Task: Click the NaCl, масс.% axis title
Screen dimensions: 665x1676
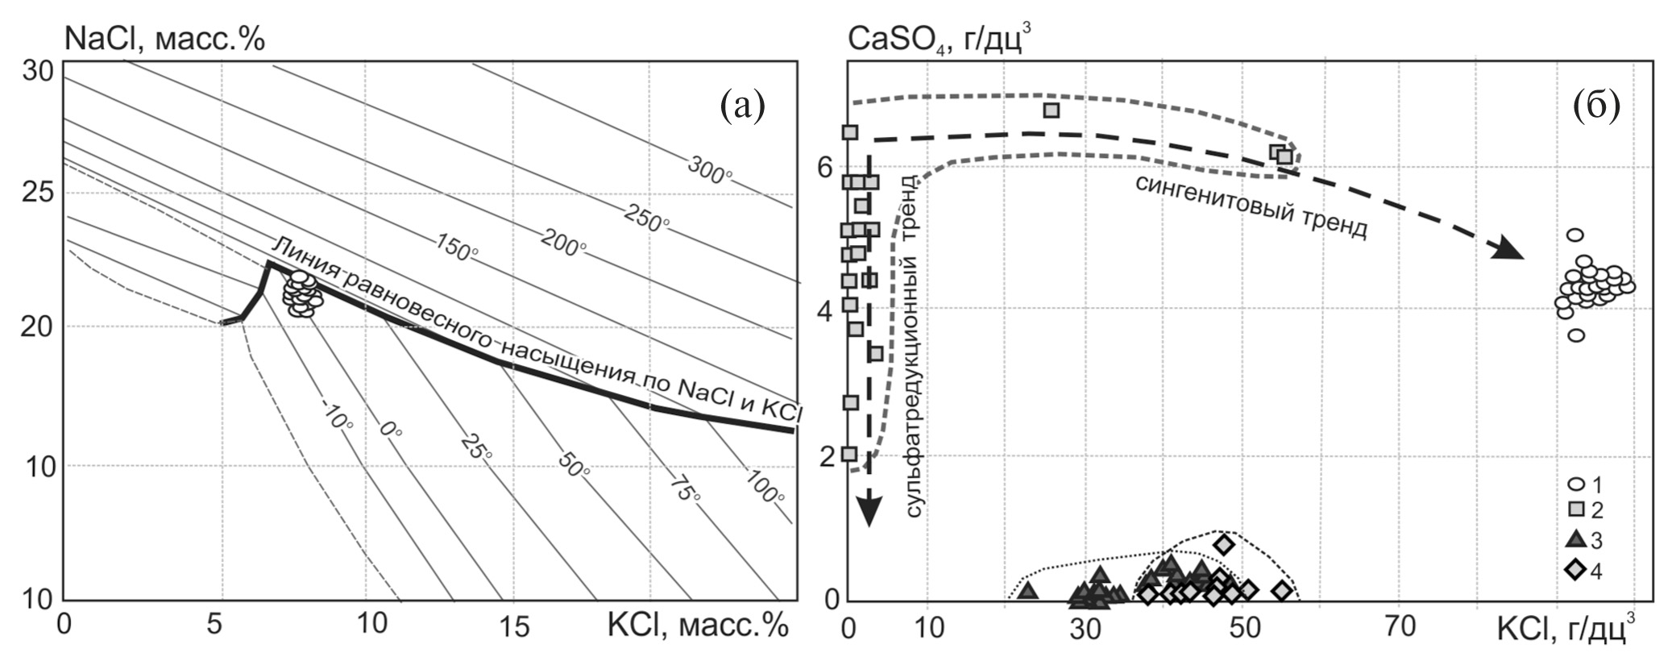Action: [x=164, y=39]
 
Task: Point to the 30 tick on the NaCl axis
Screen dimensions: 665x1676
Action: [x=38, y=71]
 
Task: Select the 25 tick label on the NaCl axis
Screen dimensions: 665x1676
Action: [x=38, y=192]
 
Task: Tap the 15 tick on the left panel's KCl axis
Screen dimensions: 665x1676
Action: [x=514, y=625]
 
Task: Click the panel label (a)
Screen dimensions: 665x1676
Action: [x=742, y=106]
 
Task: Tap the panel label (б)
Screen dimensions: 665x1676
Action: [x=1596, y=106]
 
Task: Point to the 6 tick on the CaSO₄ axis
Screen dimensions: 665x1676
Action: [x=823, y=167]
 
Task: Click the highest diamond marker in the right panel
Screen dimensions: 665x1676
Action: [x=1224, y=545]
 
